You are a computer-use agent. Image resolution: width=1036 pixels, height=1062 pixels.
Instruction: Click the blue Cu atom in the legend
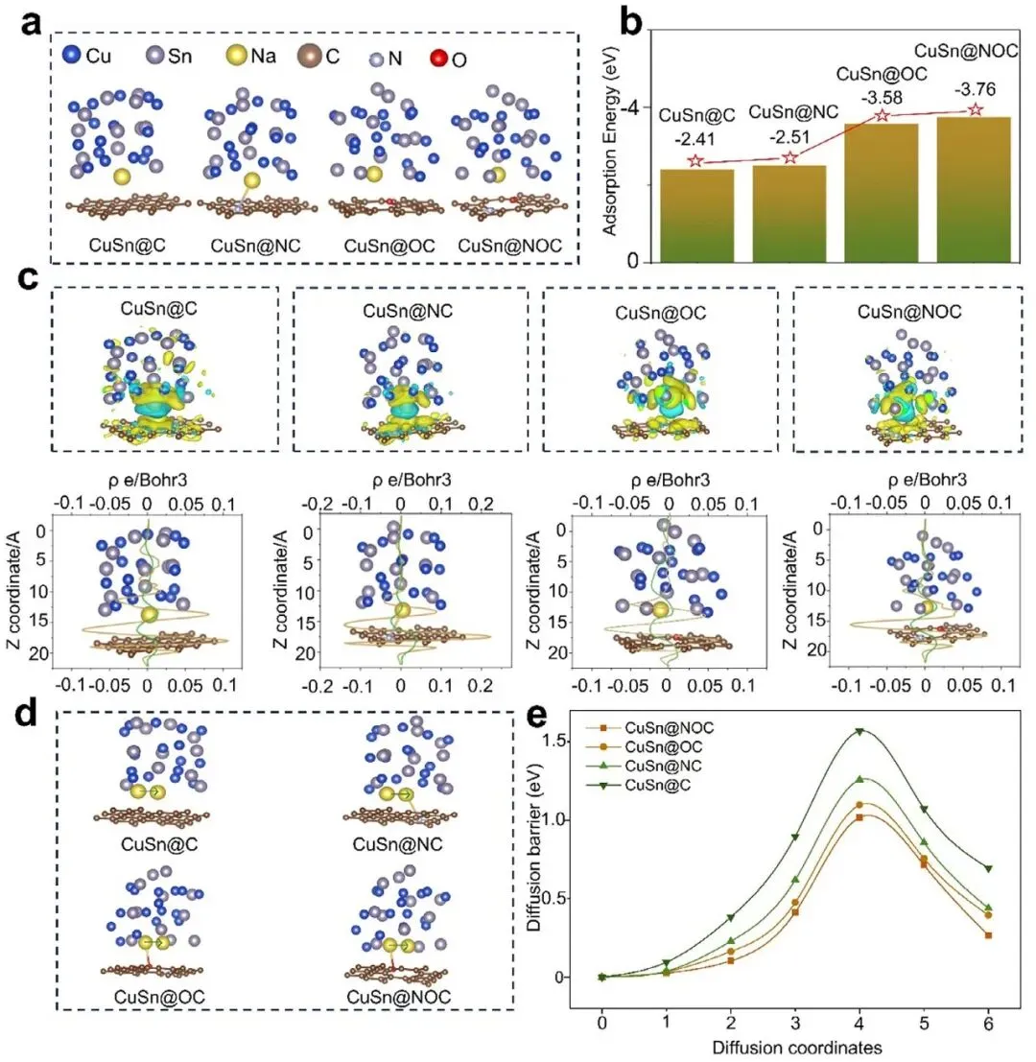click(x=71, y=54)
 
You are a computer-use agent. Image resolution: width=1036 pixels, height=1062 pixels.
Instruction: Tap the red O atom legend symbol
click(x=439, y=59)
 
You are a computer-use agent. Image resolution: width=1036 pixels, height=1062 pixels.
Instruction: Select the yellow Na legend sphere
click(x=236, y=55)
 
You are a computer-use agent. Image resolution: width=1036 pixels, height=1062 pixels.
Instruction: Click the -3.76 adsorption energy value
click(x=975, y=89)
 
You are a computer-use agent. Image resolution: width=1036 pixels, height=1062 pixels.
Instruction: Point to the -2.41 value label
click(x=695, y=139)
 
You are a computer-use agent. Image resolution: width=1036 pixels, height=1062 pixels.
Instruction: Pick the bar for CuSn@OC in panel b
click(x=881, y=193)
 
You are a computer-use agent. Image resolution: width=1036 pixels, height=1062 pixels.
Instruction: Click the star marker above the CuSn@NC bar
click(x=789, y=157)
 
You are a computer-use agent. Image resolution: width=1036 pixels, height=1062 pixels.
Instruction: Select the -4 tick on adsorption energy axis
click(x=631, y=107)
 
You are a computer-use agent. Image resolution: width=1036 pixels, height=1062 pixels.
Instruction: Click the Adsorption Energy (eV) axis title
click(x=610, y=141)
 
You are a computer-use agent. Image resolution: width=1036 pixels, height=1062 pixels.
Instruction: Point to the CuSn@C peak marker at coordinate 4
click(x=859, y=731)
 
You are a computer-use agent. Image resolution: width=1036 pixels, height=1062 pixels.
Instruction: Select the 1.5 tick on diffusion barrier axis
click(x=554, y=741)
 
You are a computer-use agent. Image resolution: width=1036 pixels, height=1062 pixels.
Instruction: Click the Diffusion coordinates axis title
click(x=797, y=1047)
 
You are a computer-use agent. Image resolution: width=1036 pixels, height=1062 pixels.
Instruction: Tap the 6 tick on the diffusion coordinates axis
click(x=989, y=1023)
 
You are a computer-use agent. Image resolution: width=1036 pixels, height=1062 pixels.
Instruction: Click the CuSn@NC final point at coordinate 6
click(x=989, y=908)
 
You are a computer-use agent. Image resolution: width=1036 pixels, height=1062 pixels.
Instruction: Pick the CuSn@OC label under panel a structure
click(x=389, y=246)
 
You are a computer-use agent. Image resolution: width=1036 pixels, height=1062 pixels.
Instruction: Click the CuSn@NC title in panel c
click(x=408, y=311)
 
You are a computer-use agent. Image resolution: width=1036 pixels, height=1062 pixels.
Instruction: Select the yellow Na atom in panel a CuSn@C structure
click(x=122, y=177)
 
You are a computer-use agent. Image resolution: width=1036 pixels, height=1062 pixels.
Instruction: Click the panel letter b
click(x=631, y=24)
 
